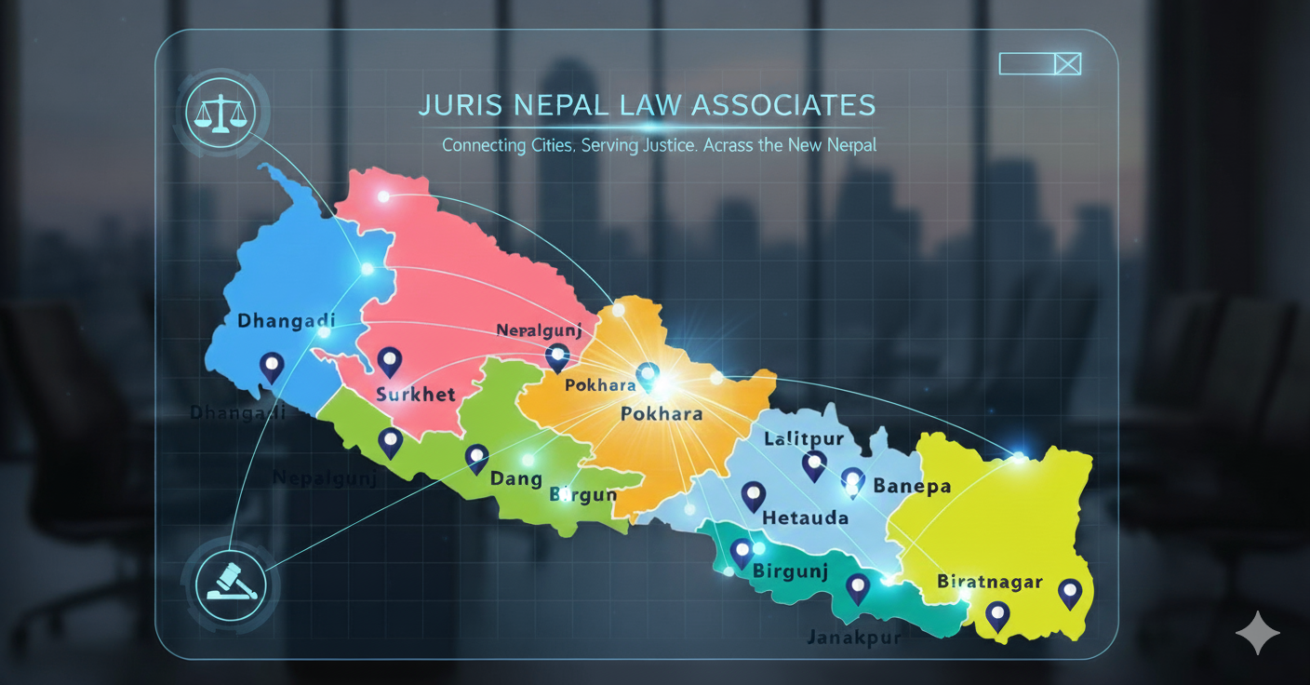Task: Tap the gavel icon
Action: pos(230,584)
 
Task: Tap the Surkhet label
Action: pos(415,394)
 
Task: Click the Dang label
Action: pos(515,478)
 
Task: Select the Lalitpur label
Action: pos(803,438)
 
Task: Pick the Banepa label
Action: pos(912,486)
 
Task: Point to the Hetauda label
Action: pos(805,517)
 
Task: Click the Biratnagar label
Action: pos(989,582)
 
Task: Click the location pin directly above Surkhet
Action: pos(389,359)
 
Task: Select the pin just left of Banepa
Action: pos(852,480)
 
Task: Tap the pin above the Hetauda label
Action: pos(753,495)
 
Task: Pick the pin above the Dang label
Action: pos(476,457)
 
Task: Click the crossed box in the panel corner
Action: pos(1068,63)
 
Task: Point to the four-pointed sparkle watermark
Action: pos(1257,633)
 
